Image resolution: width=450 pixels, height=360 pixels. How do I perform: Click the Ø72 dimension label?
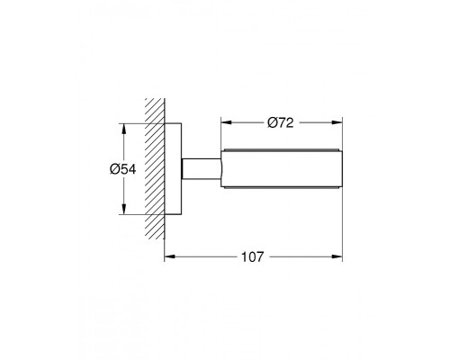coord(281,122)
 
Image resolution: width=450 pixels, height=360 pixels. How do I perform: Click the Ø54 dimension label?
coord(122,169)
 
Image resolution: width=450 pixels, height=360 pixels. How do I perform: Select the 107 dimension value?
coord(253,256)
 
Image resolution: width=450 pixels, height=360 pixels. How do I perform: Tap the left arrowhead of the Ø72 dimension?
coord(227,122)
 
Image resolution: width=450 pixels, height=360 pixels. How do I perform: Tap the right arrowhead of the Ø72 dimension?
coord(337,122)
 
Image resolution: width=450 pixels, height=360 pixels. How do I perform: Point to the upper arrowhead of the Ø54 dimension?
coord(124,129)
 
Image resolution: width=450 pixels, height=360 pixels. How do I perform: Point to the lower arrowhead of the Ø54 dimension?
coord(124,209)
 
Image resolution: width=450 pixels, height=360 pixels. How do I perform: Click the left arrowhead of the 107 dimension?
coord(170,256)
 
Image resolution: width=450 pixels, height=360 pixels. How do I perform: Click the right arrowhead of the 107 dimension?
coord(337,256)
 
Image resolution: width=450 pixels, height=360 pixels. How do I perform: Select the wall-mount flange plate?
coord(173,169)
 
